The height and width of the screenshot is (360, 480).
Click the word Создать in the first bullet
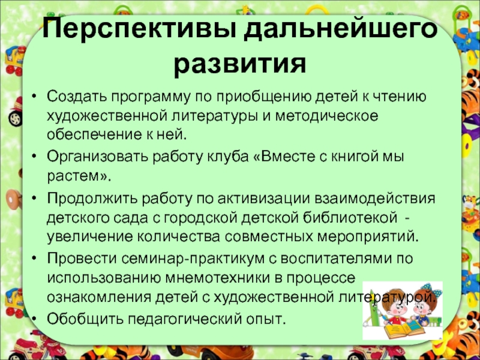pos(71,97)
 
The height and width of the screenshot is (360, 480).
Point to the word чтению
pos(401,97)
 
